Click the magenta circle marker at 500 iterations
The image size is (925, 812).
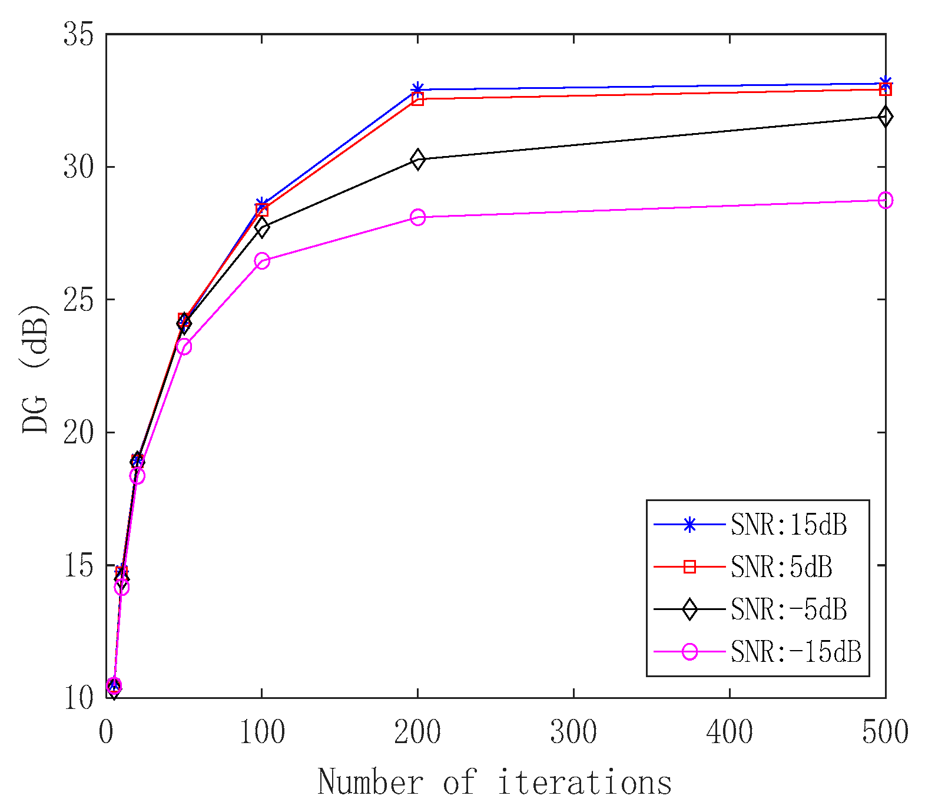[885, 200]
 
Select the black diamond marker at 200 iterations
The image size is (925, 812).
[417, 159]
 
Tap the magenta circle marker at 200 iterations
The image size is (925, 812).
[417, 217]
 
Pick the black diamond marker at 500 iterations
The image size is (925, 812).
[885, 117]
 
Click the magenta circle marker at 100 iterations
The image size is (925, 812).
[262, 261]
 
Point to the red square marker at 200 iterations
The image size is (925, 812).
[417, 99]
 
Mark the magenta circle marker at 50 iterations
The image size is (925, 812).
[184, 346]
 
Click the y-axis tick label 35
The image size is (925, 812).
[79, 35]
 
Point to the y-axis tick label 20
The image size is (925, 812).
[79, 433]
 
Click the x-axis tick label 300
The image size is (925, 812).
[573, 733]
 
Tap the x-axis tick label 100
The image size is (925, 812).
[262, 733]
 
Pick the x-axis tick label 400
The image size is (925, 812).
[730, 733]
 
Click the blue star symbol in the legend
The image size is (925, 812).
[689, 525]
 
